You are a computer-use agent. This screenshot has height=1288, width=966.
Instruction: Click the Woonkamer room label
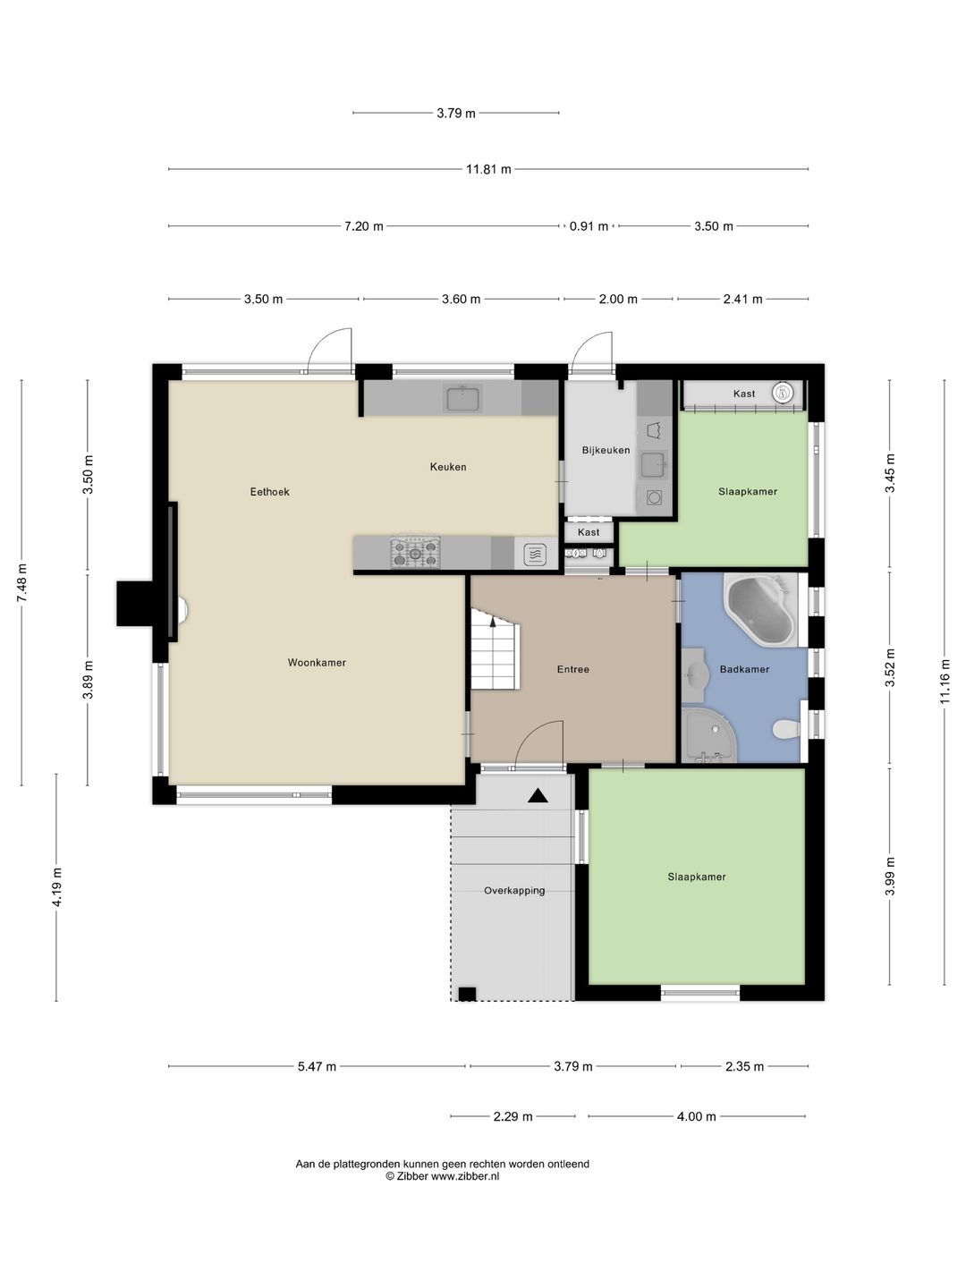[x=317, y=663]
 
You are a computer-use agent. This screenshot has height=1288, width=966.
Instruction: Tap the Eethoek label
[x=270, y=492]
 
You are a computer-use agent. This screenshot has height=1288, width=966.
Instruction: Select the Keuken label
[x=448, y=467]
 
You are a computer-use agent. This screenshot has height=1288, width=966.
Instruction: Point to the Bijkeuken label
[x=606, y=450]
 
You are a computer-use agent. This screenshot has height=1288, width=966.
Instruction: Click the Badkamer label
[x=744, y=669]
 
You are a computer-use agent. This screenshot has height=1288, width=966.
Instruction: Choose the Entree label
[x=573, y=669]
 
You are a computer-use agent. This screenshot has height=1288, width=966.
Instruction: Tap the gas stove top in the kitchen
[x=415, y=552]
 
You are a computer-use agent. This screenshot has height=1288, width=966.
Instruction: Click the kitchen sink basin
[x=463, y=399]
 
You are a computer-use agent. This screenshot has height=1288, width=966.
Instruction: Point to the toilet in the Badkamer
[x=786, y=729]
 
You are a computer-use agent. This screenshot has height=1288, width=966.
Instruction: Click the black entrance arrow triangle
[x=538, y=796]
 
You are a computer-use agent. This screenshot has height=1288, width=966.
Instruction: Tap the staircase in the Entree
[x=496, y=649]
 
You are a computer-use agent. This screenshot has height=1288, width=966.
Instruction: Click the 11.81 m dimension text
[x=488, y=170]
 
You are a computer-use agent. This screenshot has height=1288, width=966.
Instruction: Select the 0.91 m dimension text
[x=589, y=226]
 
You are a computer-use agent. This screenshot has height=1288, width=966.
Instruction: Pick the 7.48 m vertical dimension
[x=21, y=582]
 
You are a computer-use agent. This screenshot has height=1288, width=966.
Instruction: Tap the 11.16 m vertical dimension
[x=945, y=682]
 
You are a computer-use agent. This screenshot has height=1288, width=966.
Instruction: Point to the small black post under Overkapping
[x=467, y=994]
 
